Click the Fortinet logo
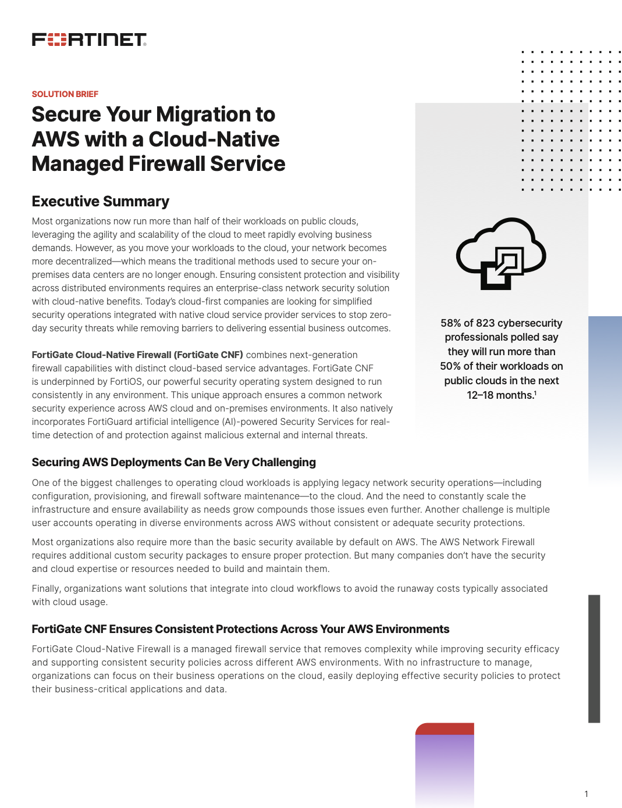pyautogui.click(x=89, y=40)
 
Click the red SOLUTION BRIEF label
pyautogui.click(x=65, y=94)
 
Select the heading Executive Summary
pyautogui.click(x=100, y=201)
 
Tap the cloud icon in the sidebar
pyautogui.click(x=501, y=253)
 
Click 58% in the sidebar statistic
pyautogui.click(x=451, y=323)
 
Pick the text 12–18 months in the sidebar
pyautogui.click(x=500, y=395)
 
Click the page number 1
pyautogui.click(x=586, y=794)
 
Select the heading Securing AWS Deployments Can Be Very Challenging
pyautogui.click(x=173, y=462)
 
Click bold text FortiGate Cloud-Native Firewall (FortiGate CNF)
pyautogui.click(x=137, y=355)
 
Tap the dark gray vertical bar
pyautogui.click(x=593, y=658)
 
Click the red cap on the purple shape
pyautogui.click(x=445, y=728)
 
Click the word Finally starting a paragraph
pyautogui.click(x=46, y=588)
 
